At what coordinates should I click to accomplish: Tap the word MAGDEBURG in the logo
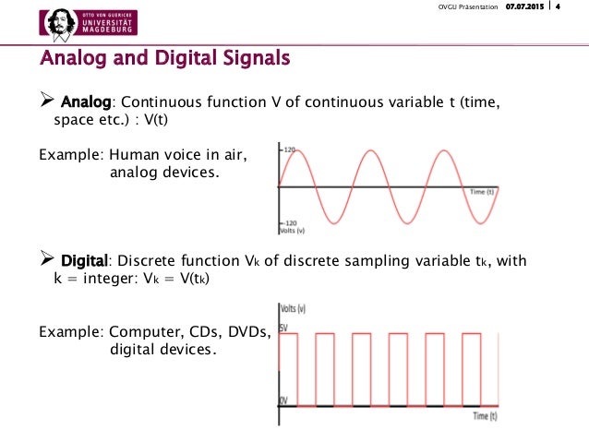108,30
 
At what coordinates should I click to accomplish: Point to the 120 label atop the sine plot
291,149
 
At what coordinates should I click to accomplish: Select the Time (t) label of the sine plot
482,191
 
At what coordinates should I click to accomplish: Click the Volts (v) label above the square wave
295,311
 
